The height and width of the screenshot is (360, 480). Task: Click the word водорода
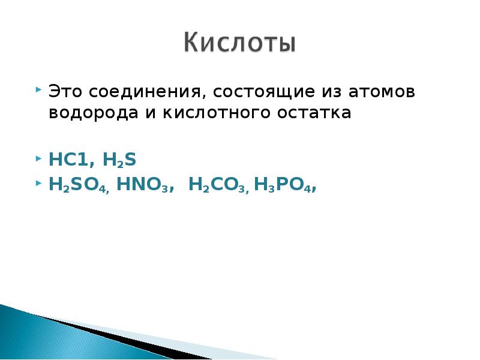click(94, 113)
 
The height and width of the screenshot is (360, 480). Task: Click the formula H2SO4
click(79, 185)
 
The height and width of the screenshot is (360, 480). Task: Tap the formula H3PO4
click(284, 185)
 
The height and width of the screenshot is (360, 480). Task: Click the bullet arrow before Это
click(39, 91)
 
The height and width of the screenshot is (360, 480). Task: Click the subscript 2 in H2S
click(120, 164)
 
